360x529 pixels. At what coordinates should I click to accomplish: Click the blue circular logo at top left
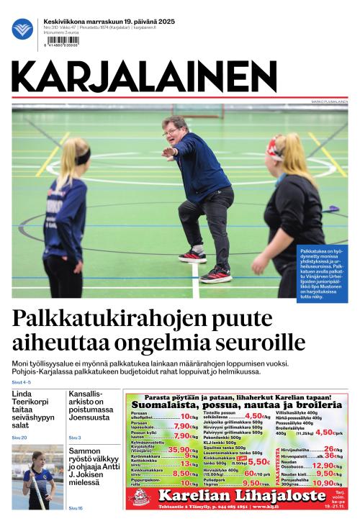pyautogui.click(x=22, y=29)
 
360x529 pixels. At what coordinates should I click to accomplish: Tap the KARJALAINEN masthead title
pyautogui.click(x=144, y=77)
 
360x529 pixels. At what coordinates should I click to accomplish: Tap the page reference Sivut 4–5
pyautogui.click(x=22, y=382)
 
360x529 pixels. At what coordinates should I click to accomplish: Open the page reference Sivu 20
pyautogui.click(x=19, y=438)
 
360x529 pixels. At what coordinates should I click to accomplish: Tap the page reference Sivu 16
pyautogui.click(x=76, y=508)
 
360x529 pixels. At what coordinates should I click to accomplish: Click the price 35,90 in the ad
pyautogui.click(x=179, y=450)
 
